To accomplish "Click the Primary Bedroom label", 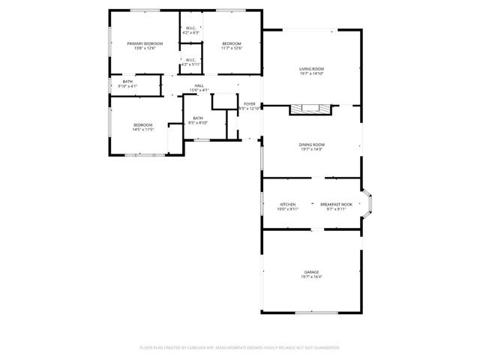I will (x=145, y=44).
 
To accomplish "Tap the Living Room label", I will (x=311, y=69).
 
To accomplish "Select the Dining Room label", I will (x=311, y=144).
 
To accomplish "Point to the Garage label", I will (x=311, y=271).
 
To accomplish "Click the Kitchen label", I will (x=288, y=205).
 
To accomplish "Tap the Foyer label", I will (x=249, y=104).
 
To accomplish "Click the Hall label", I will (x=199, y=86).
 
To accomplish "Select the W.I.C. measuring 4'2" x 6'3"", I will (x=190, y=29).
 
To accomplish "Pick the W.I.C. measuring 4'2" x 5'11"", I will (x=190, y=60).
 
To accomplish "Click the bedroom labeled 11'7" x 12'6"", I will (x=231, y=44).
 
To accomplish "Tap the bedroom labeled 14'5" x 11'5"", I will (x=143, y=125).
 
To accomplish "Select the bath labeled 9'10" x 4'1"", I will (x=127, y=82).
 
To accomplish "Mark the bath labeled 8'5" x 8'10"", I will (x=198, y=118).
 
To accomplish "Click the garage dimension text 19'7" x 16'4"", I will (x=311, y=277).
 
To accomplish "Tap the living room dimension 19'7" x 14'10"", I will (x=311, y=73).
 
